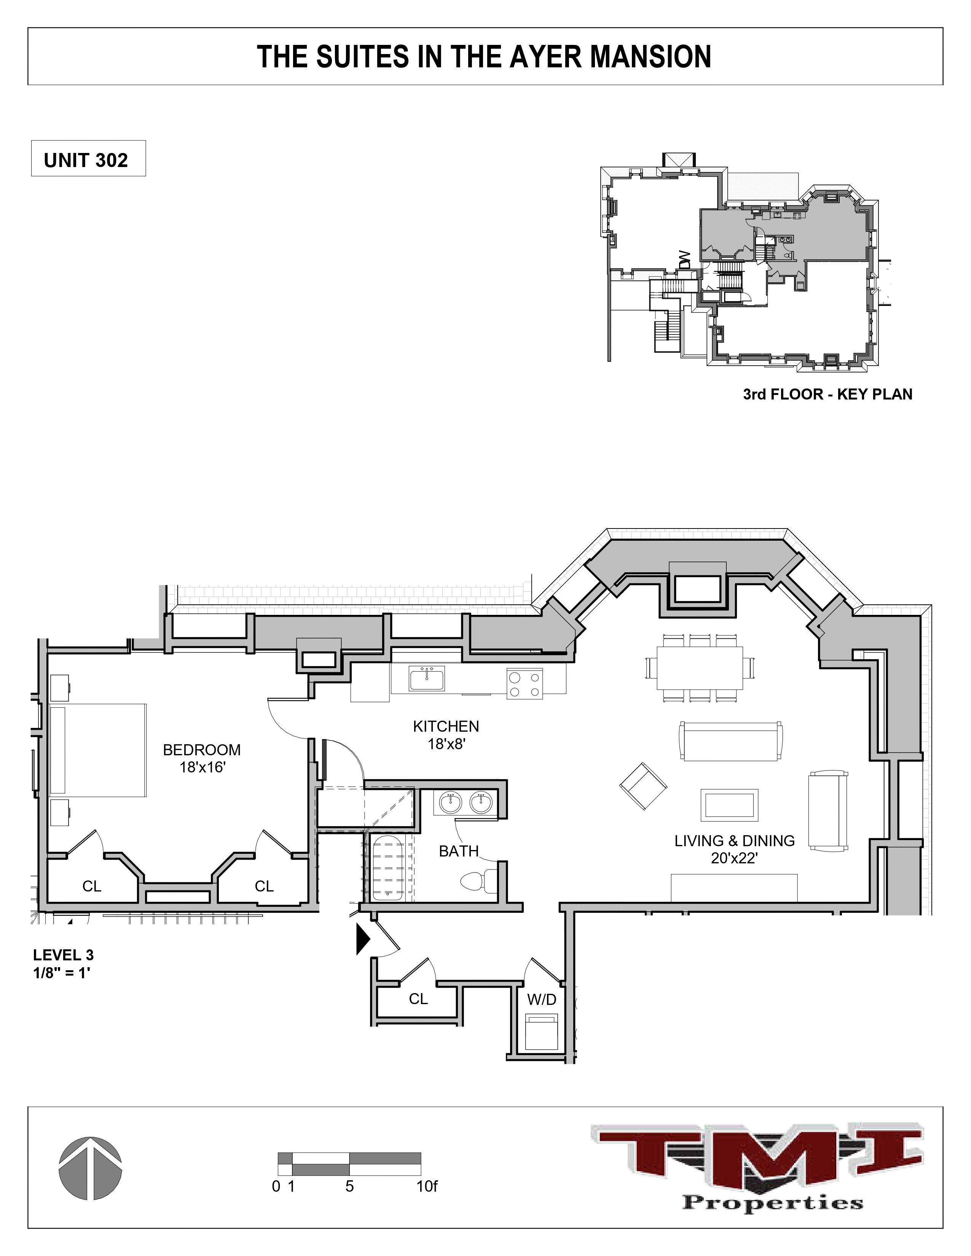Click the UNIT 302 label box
point(88,159)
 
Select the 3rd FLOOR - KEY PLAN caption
point(827,395)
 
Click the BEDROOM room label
point(201,750)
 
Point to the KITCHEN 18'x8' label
point(446,734)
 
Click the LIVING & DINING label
point(735,841)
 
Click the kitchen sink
point(426,679)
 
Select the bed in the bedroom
point(98,750)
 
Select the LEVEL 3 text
point(63,955)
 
